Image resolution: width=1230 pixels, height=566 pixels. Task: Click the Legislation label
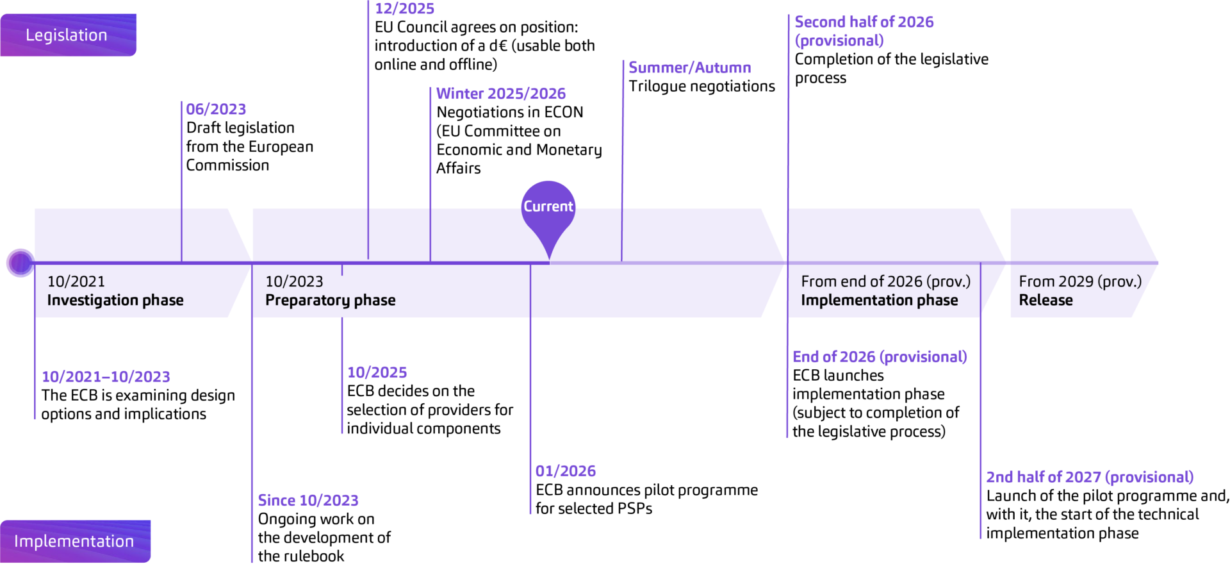point(66,35)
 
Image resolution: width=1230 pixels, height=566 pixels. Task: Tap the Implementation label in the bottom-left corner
point(74,541)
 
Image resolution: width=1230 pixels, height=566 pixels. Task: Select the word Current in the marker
point(548,206)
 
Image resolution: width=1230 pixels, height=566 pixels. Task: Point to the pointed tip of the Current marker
point(548,258)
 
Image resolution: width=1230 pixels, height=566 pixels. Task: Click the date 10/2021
point(76,281)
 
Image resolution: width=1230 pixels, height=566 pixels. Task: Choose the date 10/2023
point(294,281)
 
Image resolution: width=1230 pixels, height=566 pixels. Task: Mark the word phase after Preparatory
point(375,300)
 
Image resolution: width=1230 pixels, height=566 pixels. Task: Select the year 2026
point(905,281)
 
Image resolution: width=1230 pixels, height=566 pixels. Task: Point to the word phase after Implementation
point(938,300)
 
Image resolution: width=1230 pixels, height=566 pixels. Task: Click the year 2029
point(1076,281)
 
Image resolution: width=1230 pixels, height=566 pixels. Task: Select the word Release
point(1045,300)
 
